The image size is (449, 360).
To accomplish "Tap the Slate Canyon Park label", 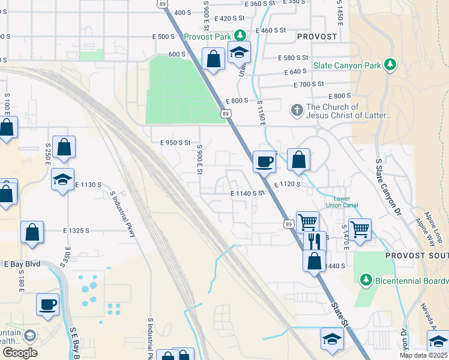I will (348, 64).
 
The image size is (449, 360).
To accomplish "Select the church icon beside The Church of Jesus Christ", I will (296, 110).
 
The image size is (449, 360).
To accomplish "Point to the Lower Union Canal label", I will (342, 202).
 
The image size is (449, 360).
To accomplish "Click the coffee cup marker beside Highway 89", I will (264, 161).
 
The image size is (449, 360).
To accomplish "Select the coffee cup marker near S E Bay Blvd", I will (48, 304).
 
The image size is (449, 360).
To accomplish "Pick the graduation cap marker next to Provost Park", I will (239, 53).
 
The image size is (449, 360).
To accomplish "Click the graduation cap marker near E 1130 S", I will (62, 179).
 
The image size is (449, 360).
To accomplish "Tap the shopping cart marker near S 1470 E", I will (360, 229).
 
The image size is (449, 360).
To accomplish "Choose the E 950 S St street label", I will (175, 143).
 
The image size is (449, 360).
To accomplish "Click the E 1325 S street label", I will (76, 230).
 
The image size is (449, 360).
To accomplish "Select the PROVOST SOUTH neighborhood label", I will (417, 256).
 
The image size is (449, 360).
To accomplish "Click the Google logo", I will (20, 353).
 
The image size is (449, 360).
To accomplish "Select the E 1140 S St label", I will (248, 193).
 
